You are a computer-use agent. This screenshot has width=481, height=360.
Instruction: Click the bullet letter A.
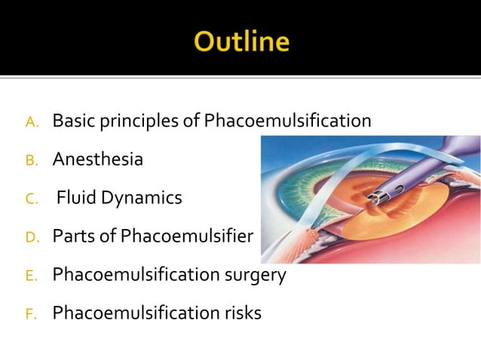(32, 122)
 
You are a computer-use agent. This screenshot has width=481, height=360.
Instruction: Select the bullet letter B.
(32, 160)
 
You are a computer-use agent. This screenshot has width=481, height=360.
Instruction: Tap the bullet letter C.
(32, 199)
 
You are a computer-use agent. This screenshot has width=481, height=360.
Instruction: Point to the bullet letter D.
(32, 237)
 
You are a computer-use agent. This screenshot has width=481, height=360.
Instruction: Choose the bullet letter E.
(32, 276)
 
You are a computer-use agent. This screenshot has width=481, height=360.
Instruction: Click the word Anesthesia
(97, 160)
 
